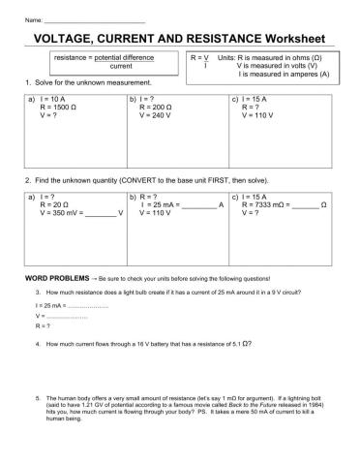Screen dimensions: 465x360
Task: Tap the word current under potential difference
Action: (121, 67)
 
